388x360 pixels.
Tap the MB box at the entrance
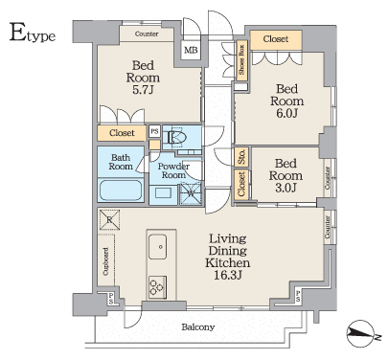point(191,50)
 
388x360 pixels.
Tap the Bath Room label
point(120,161)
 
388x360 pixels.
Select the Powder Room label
point(174,169)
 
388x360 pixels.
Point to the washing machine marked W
point(190,193)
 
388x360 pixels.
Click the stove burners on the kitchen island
point(157,285)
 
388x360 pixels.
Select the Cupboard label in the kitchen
point(104,261)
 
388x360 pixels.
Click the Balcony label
point(198,327)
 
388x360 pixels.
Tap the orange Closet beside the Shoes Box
point(276,39)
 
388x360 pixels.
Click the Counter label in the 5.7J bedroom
point(147,34)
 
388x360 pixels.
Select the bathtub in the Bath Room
point(120,190)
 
